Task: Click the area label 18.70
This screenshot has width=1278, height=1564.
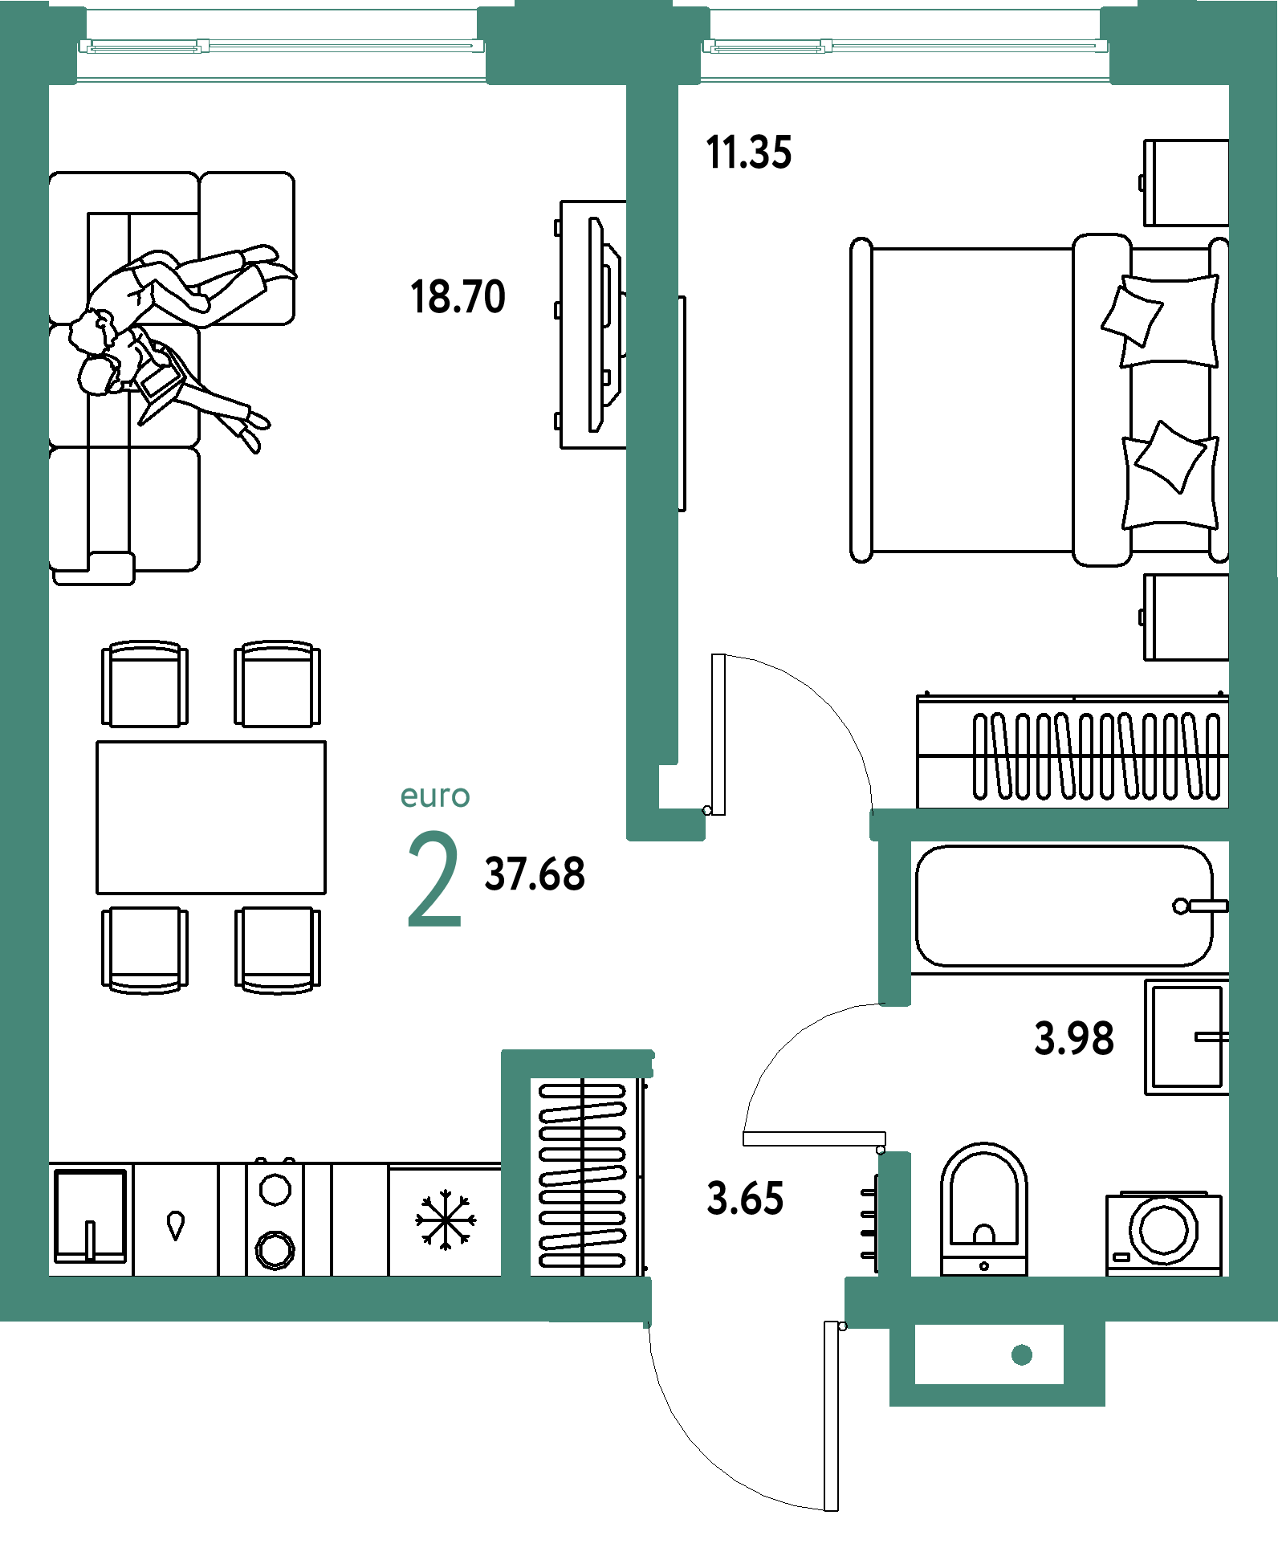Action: click(x=458, y=296)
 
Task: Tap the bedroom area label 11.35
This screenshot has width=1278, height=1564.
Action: click(x=748, y=152)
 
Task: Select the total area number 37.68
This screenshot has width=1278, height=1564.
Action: click(x=535, y=874)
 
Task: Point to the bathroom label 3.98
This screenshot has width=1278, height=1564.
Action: click(x=1074, y=1037)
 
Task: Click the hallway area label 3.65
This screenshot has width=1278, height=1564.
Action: click(x=745, y=1198)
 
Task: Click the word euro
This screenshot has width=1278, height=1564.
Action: click(x=435, y=796)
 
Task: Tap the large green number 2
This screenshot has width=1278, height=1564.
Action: click(x=434, y=878)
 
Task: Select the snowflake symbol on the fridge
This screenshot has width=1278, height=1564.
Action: click(x=446, y=1220)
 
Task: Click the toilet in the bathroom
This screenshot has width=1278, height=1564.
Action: click(x=983, y=1209)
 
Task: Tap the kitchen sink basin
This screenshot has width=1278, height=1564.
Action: click(x=90, y=1216)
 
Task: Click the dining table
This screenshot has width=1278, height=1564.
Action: click(x=211, y=817)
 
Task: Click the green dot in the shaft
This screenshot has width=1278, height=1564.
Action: click(x=1022, y=1355)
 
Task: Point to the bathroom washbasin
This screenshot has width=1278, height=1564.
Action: click(x=1186, y=1037)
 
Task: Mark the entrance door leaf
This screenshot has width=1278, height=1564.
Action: click(x=832, y=1415)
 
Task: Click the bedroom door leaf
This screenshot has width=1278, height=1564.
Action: click(x=718, y=735)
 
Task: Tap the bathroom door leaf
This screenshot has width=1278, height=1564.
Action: click(x=814, y=1138)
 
